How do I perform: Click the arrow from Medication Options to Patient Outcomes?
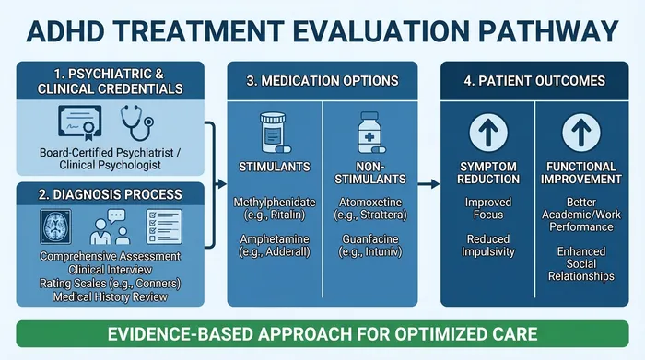428,184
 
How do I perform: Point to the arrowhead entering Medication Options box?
221,184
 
